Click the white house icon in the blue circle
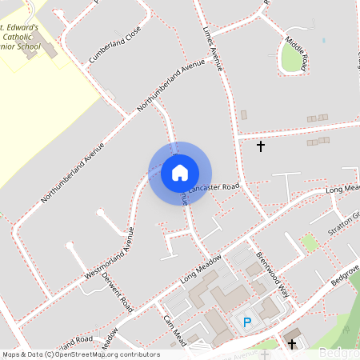(180, 172)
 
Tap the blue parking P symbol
(247, 322)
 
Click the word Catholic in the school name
(19, 37)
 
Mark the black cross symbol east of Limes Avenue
(260, 146)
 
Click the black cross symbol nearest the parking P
(292, 345)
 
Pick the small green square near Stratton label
(310, 242)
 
